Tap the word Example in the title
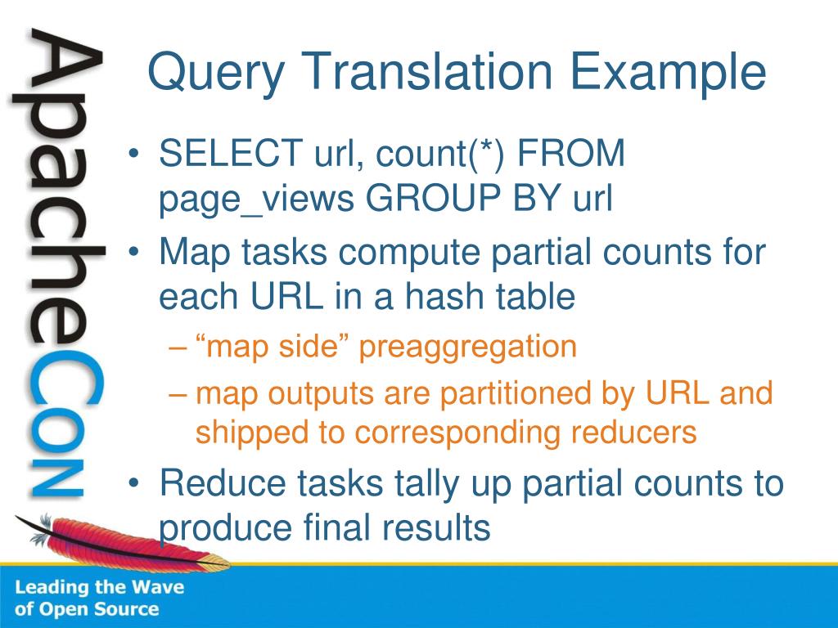[668, 74]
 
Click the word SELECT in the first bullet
[230, 153]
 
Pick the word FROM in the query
[570, 153]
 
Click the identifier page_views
[256, 200]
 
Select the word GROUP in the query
[433, 198]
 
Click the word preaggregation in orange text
[467, 348]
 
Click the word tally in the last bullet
[426, 484]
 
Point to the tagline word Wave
[158, 587]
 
